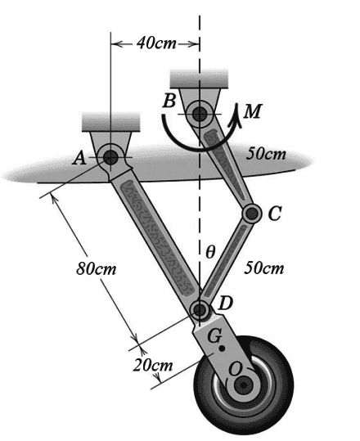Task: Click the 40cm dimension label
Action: click(156, 43)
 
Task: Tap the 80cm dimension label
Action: click(97, 268)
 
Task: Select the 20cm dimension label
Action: click(153, 365)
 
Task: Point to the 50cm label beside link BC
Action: click(266, 154)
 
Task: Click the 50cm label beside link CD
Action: click(264, 268)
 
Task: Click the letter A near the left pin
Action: click(79, 159)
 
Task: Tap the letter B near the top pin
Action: click(169, 101)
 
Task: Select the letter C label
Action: click(274, 214)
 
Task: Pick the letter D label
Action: click(226, 304)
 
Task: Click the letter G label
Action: click(215, 336)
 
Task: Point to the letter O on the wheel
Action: click(235, 369)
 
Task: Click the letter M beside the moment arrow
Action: click(252, 110)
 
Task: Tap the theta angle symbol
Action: click(210, 252)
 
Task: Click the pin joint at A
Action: click(110, 157)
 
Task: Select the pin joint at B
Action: click(200, 114)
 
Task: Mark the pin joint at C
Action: click(252, 214)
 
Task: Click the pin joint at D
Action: click(200, 310)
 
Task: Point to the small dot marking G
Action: click(222, 349)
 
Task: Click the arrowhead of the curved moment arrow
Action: click(236, 115)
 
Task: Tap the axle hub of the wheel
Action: click(244, 385)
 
